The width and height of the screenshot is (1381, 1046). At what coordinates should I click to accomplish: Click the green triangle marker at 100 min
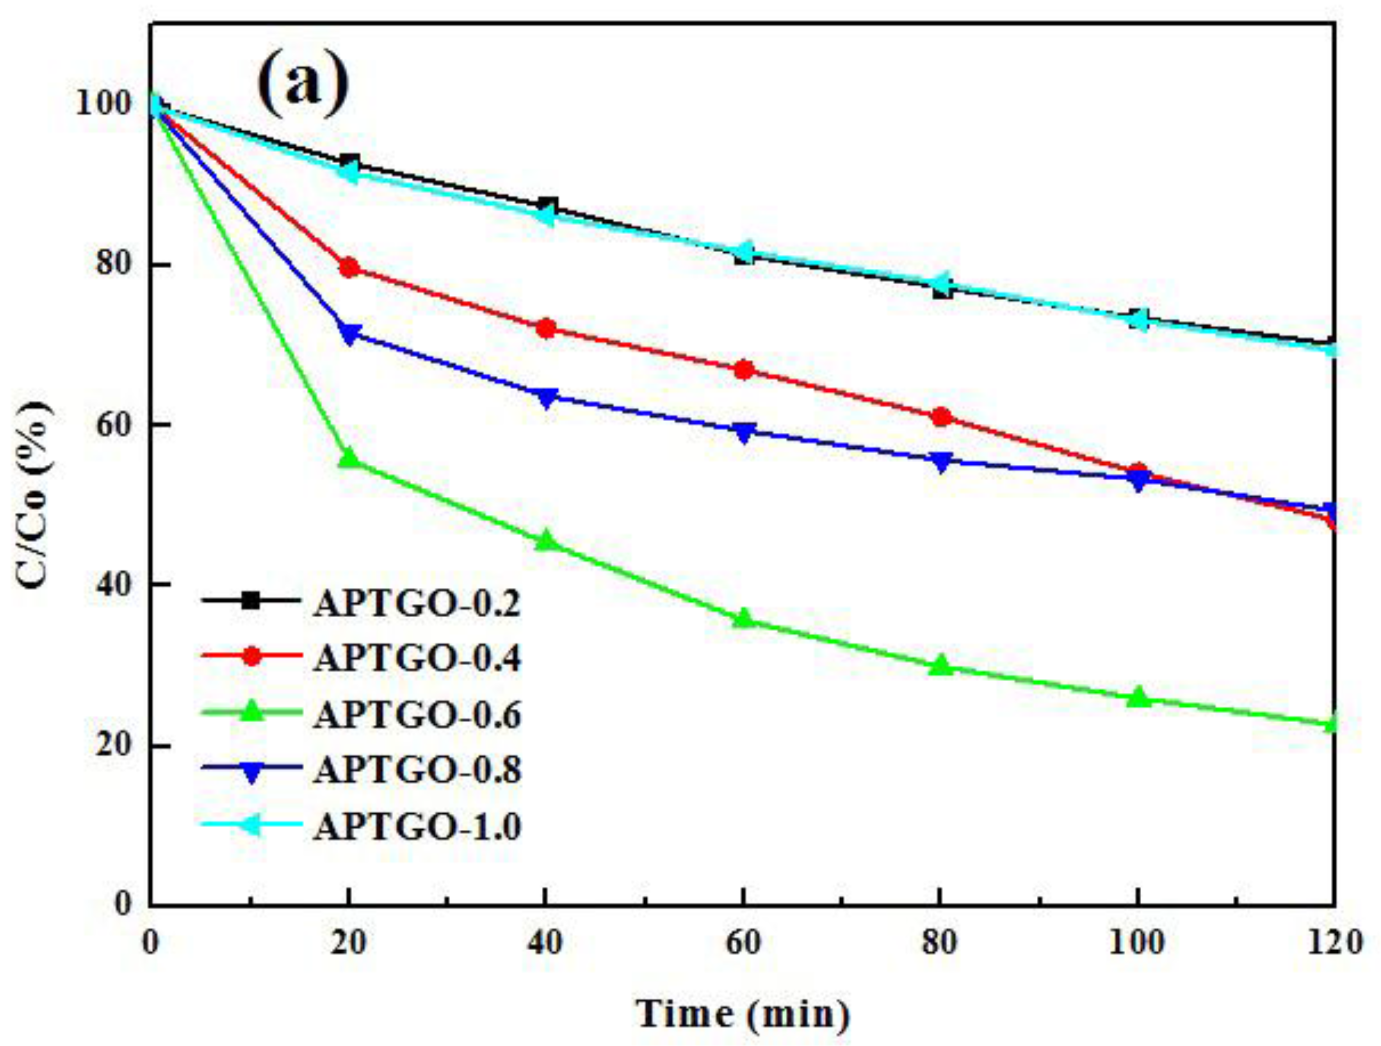tap(1138, 697)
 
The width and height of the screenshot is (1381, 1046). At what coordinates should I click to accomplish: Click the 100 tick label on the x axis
tap(1137, 943)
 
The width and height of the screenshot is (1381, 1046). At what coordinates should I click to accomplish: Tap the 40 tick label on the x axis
tap(545, 943)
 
